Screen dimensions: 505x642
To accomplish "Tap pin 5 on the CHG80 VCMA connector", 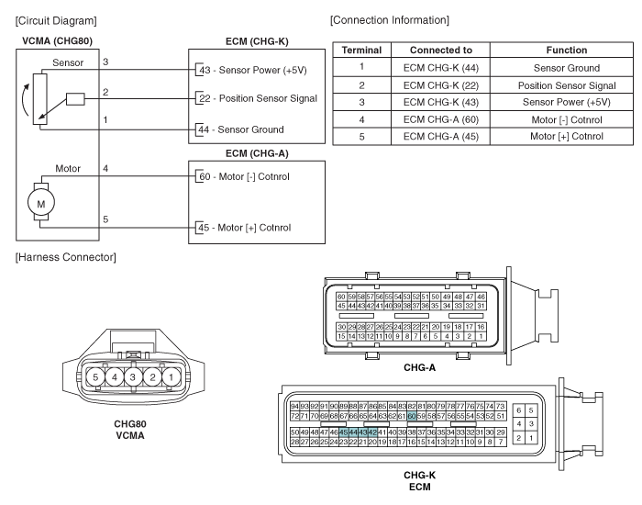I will coord(95,376).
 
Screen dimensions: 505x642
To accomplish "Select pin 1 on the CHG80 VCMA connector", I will coord(171,376).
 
